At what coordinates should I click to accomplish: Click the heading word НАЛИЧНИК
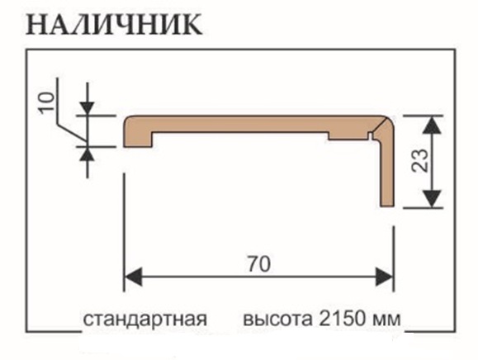114,25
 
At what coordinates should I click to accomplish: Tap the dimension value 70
259,264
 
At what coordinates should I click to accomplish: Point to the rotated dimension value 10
46,102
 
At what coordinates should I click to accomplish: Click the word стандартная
145,320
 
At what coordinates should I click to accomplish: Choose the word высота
277,320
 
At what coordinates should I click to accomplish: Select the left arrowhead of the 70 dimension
133,277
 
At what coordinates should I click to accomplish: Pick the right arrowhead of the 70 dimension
384,277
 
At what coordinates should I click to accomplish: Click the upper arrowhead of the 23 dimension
432,125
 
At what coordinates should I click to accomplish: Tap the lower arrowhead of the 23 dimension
432,199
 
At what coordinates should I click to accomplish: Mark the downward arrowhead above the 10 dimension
88,109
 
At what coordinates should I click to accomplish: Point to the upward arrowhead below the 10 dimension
88,154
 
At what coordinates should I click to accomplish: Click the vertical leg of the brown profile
386,171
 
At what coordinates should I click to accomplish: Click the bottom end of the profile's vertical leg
386,206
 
